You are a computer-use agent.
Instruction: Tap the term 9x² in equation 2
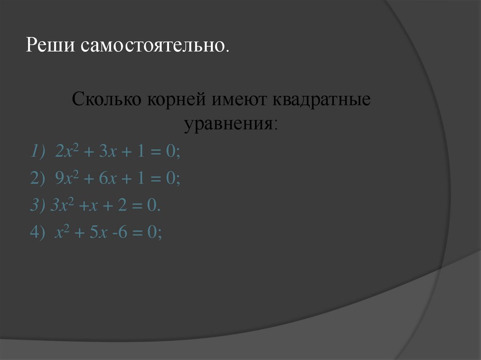[65, 178]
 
